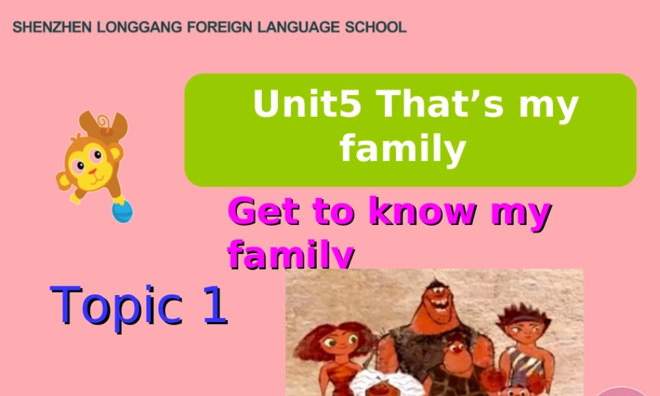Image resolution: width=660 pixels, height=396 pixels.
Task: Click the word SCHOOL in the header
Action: pos(376,28)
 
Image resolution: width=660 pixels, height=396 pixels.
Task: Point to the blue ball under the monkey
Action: pos(122,212)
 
